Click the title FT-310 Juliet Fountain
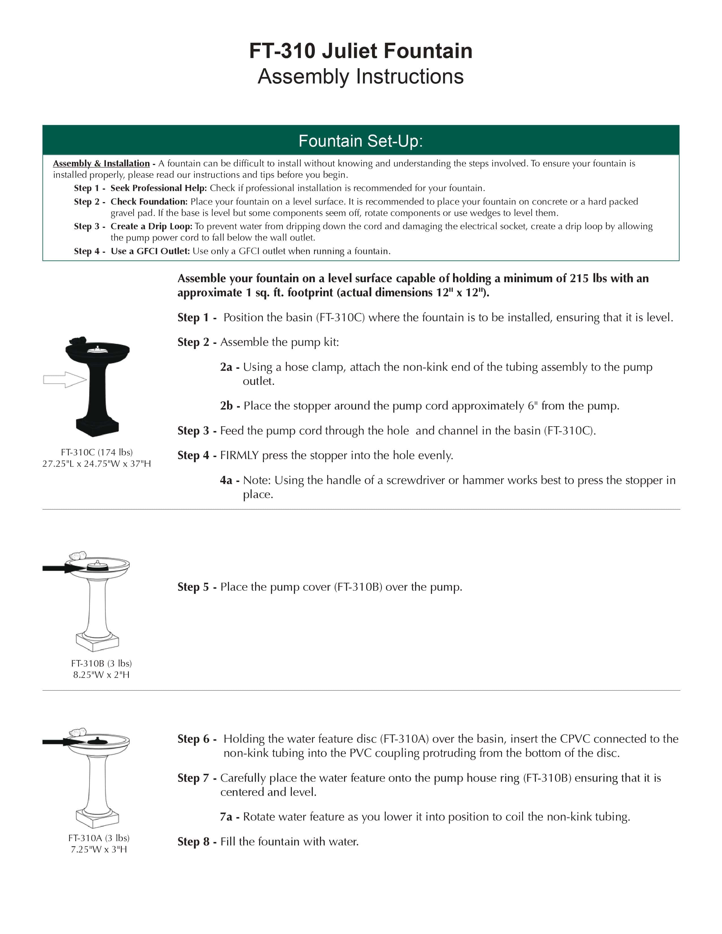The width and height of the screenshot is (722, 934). pyautogui.click(x=360, y=51)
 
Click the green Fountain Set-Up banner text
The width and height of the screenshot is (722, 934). pyautogui.click(x=360, y=141)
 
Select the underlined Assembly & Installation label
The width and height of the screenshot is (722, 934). pyautogui.click(x=101, y=163)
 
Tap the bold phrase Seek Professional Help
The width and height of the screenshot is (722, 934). pyautogui.click(x=159, y=188)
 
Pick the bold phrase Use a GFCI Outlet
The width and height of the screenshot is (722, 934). pyautogui.click(x=150, y=251)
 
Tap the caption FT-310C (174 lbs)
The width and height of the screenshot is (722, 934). pyautogui.click(x=97, y=452)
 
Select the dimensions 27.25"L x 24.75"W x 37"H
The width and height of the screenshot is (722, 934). pyautogui.click(x=97, y=464)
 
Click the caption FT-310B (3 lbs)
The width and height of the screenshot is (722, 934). pyautogui.click(x=101, y=663)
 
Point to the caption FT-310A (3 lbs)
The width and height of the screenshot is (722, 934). pyautogui.click(x=99, y=838)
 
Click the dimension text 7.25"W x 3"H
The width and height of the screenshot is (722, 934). pyautogui.click(x=99, y=849)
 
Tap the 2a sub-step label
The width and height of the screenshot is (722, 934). pyautogui.click(x=227, y=367)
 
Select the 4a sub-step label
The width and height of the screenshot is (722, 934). pyautogui.click(x=227, y=480)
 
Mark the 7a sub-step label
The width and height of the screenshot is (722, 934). pyautogui.click(x=227, y=817)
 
